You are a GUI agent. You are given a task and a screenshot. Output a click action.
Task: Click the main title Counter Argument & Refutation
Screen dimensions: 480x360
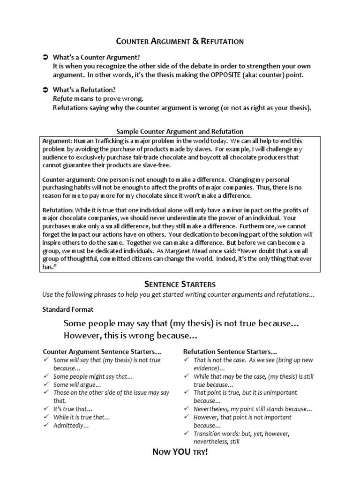tap(180, 41)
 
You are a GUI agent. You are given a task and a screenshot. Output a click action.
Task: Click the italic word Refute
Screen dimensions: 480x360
tap(63, 98)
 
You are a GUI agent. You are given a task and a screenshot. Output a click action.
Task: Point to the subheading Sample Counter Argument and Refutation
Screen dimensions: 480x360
tap(180, 131)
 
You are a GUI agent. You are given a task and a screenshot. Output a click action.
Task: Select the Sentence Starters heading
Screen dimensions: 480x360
tap(180, 284)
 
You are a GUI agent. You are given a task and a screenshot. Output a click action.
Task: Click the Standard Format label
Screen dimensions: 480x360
tap(68, 309)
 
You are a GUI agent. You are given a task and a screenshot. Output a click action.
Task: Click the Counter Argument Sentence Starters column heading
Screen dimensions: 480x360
tap(102, 351)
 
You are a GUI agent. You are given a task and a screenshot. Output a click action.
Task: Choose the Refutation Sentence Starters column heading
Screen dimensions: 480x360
tap(230, 351)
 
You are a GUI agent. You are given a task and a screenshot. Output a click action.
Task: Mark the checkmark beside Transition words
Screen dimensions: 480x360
tap(187, 434)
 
